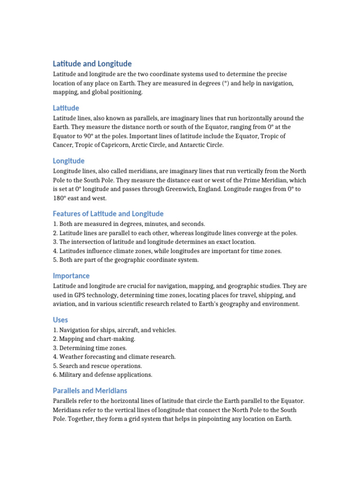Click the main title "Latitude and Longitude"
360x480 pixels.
pos(92,64)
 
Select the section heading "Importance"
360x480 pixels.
pos(71,276)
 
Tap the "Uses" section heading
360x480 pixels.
pos(60,320)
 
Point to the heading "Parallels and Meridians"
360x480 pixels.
pos(90,390)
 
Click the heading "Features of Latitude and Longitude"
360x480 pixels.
pos(108,214)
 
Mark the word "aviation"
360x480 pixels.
pos(66,304)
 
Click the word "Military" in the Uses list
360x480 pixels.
pos(72,375)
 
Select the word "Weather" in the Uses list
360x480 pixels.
pos(72,357)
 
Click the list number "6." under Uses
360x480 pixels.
pos(55,375)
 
